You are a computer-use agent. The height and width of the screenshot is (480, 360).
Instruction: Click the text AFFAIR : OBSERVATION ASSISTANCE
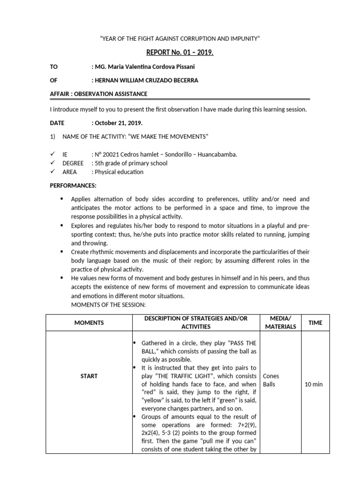click(x=98, y=94)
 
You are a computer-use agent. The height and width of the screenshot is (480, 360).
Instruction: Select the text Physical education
click(x=119, y=172)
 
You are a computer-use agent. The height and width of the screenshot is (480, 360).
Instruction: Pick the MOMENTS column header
click(x=89, y=322)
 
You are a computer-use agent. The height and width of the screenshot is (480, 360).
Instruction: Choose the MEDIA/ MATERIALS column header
click(x=281, y=322)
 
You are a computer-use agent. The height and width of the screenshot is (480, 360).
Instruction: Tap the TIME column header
click(x=315, y=322)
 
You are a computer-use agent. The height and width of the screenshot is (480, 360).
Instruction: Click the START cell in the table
click(x=89, y=376)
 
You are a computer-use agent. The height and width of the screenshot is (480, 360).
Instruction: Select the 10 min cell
click(x=314, y=384)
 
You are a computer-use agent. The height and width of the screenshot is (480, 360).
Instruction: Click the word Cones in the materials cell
click(x=271, y=376)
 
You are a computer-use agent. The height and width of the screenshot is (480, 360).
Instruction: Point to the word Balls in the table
click(x=270, y=384)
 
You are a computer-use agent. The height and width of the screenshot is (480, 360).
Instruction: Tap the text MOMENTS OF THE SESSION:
click(x=109, y=305)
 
